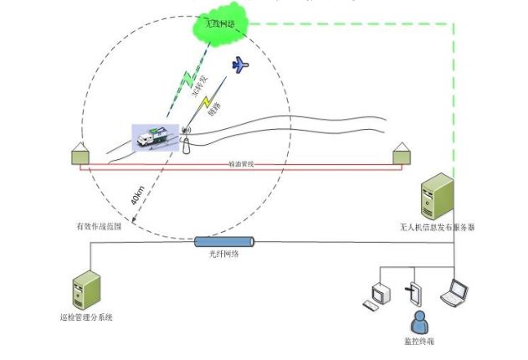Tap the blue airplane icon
point(240,64)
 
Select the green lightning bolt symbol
point(189,79)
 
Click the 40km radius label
point(137,198)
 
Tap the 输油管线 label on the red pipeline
point(241,165)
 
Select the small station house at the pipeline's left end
point(81,154)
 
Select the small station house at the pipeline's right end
point(402,154)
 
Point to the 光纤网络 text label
point(223,255)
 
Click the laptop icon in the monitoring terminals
point(455,291)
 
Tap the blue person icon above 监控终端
point(416,321)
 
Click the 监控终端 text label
point(417,341)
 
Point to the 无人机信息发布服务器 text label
point(438,227)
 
